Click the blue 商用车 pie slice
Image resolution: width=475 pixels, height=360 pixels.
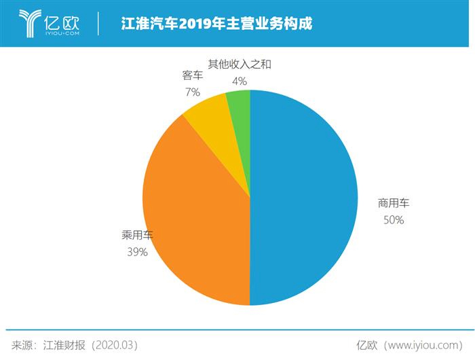point(305,197)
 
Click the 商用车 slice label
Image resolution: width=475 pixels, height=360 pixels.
point(394,203)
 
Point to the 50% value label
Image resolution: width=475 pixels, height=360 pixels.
point(393,220)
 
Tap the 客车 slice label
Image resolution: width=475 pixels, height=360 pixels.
point(192,74)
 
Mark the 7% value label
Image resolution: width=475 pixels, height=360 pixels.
point(192,91)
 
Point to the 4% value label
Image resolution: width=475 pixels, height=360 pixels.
point(239,82)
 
